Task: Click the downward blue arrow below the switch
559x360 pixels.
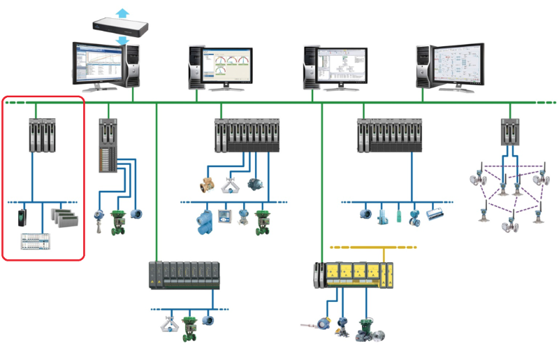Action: (x=123, y=41)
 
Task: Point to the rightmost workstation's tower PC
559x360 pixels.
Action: (x=423, y=66)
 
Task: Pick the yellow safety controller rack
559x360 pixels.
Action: (x=354, y=275)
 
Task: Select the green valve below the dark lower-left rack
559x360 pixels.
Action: (x=189, y=328)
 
